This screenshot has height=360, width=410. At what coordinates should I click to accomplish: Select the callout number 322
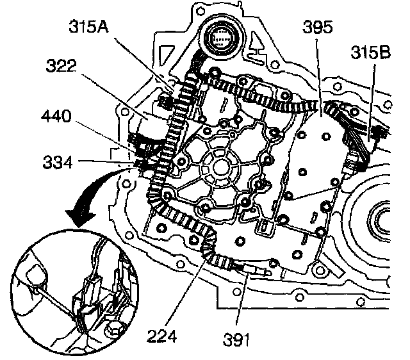(64, 65)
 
